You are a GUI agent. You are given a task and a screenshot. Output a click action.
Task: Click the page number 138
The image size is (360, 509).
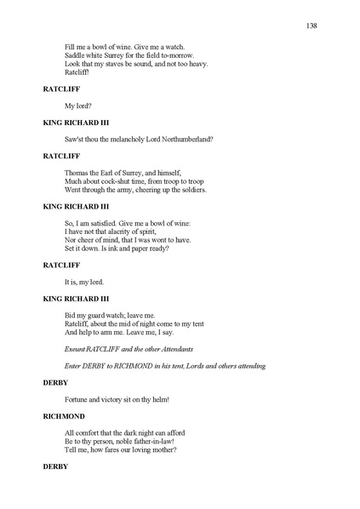click(312, 26)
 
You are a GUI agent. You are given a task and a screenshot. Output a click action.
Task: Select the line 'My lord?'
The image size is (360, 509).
click(77, 106)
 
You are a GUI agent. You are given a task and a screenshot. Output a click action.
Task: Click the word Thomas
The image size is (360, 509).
click(77, 172)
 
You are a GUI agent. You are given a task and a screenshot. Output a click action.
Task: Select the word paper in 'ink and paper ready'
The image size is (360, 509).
click(151, 249)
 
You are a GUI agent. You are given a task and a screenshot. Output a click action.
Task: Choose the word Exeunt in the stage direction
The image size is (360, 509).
click(77, 349)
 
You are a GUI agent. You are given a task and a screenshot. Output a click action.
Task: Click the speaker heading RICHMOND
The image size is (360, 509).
click(64, 416)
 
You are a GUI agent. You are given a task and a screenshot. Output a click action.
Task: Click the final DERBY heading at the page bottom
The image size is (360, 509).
click(55, 467)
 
